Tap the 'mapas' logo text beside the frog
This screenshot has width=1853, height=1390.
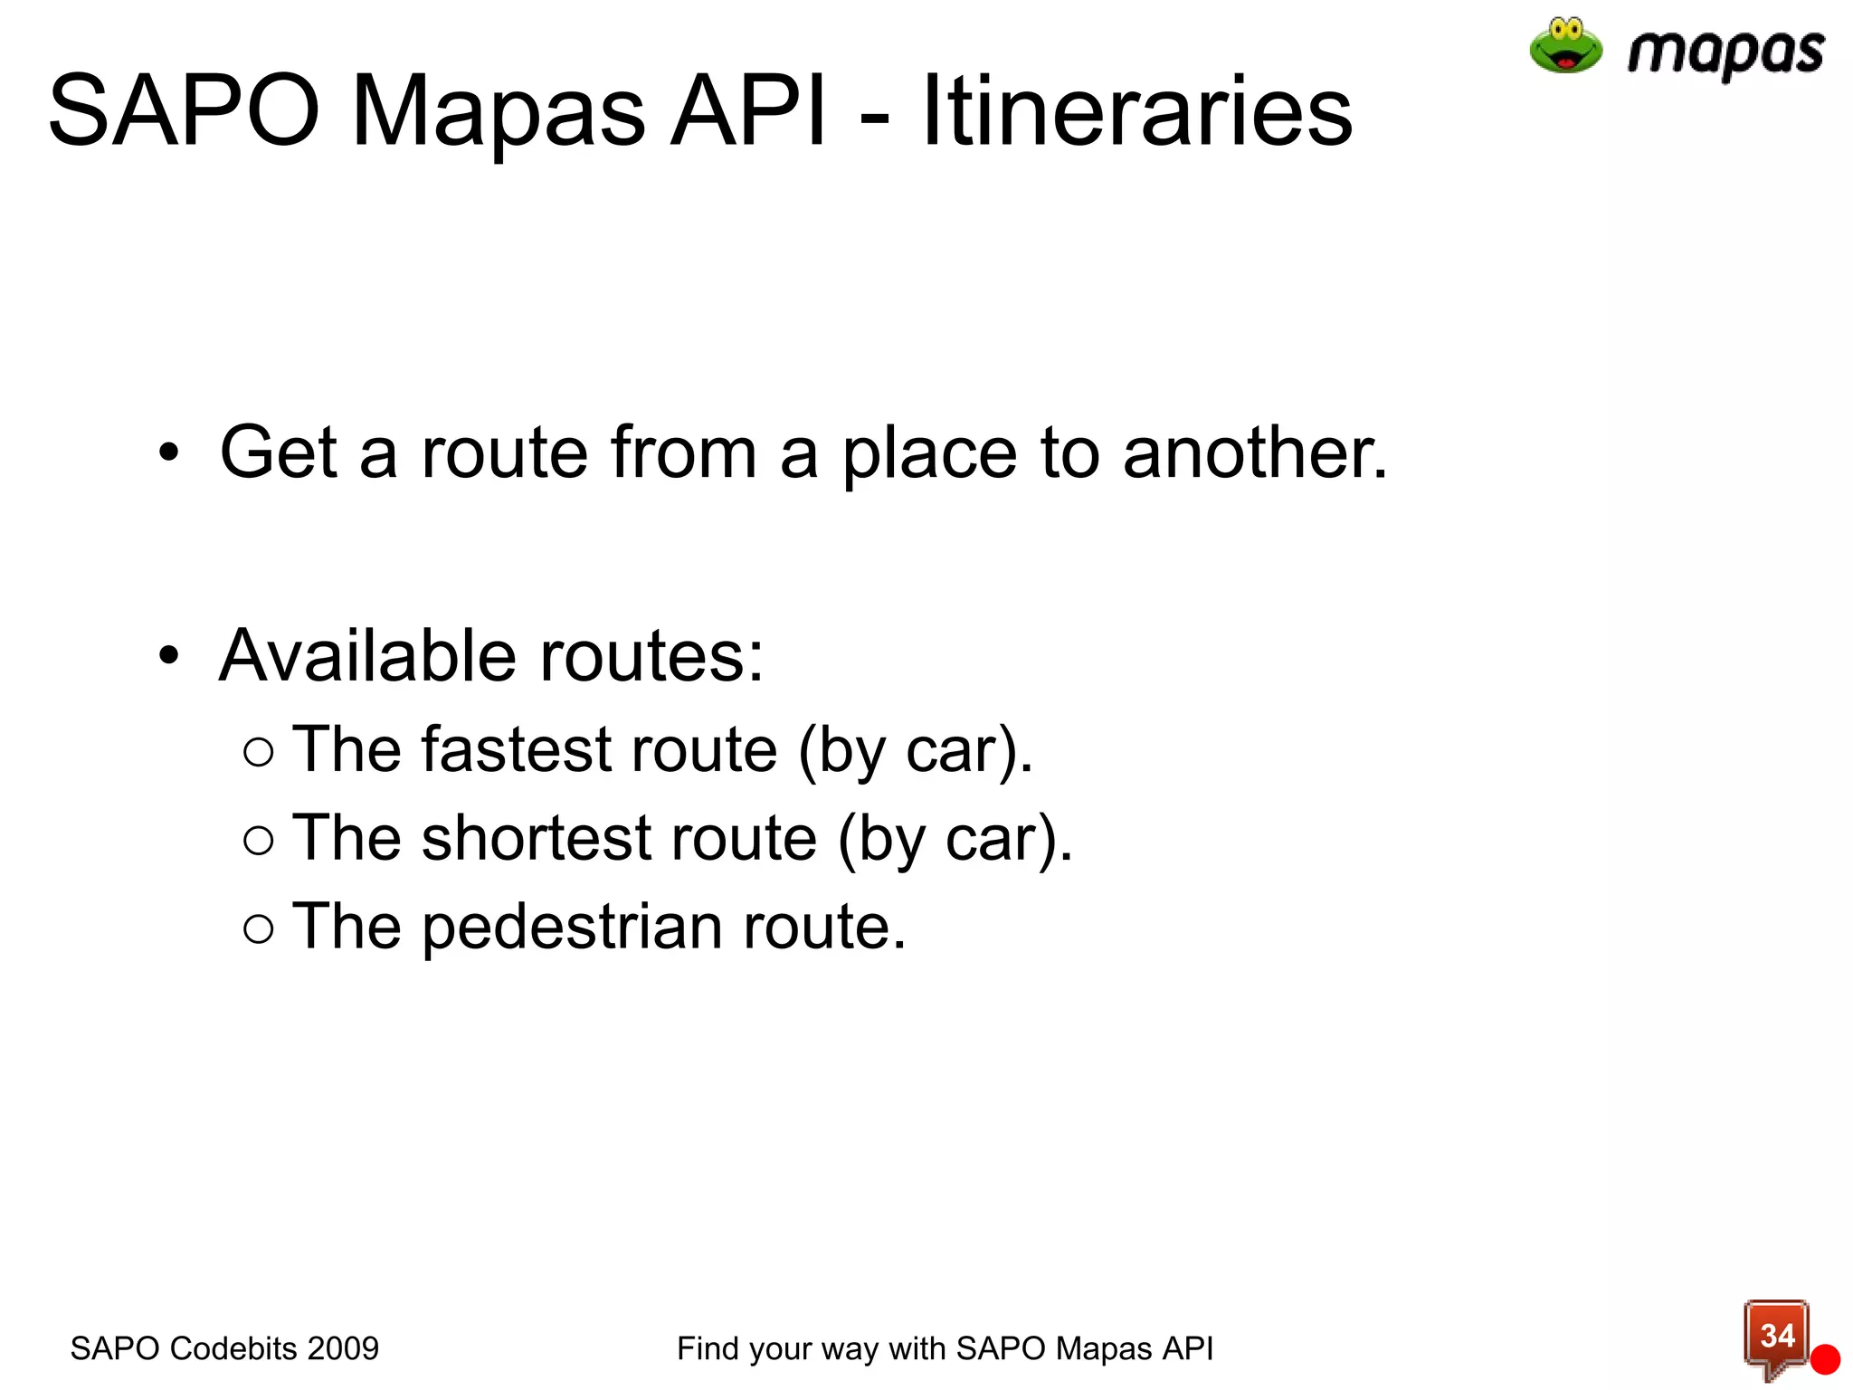coord(1725,52)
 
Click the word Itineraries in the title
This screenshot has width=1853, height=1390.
coord(1136,111)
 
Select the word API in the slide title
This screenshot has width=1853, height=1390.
coord(747,111)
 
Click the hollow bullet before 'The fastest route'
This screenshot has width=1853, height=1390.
coord(259,752)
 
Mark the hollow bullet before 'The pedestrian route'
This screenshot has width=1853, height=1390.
coord(259,928)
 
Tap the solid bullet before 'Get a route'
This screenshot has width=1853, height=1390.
coord(169,452)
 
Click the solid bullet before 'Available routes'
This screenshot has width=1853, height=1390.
coord(169,654)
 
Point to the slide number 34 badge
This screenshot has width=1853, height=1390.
coord(1776,1336)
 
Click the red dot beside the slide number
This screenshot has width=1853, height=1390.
coord(1825,1359)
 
